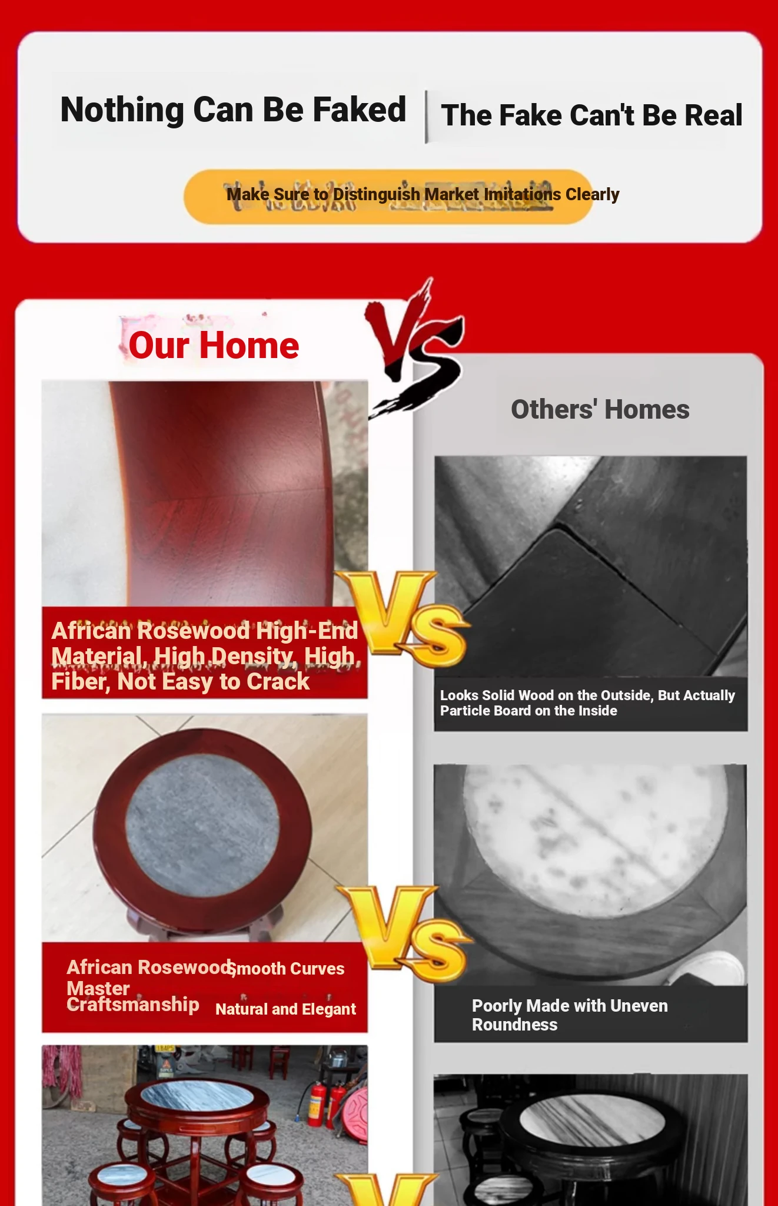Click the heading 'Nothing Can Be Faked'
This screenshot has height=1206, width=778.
click(233, 110)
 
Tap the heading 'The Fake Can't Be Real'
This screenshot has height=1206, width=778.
click(591, 115)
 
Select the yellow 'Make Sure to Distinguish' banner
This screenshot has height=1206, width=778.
click(388, 197)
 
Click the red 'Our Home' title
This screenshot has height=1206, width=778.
click(214, 345)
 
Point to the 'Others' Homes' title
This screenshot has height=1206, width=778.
click(600, 409)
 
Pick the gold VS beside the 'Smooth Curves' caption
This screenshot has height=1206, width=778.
click(405, 933)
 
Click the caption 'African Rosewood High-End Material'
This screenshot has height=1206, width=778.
click(204, 644)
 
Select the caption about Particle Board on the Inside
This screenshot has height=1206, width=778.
click(587, 703)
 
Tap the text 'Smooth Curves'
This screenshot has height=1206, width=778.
click(287, 969)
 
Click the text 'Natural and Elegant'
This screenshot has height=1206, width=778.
click(285, 1009)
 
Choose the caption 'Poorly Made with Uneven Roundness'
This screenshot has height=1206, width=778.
click(570, 1015)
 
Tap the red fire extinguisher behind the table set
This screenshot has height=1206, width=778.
click(318, 1104)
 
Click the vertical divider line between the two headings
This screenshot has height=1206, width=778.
click(426, 117)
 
